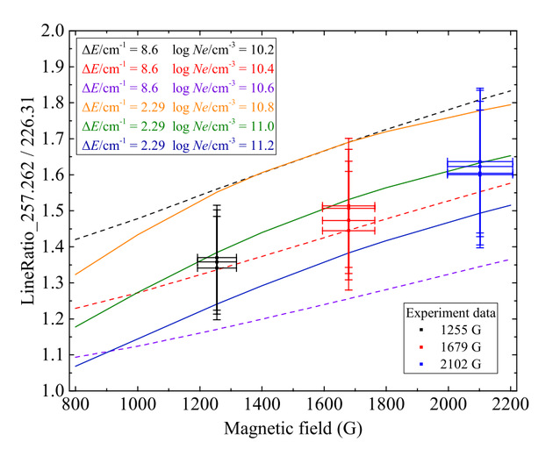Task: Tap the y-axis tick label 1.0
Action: [53, 390]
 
